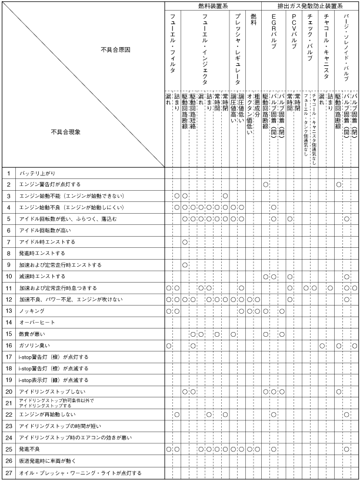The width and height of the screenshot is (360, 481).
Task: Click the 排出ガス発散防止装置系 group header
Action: [310, 5]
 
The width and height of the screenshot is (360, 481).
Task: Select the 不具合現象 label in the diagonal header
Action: [65, 132]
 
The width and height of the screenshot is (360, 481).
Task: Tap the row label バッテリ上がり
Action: [36, 173]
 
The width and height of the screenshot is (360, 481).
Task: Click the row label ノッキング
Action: [32, 310]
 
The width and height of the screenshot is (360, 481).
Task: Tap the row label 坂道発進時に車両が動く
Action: [50, 460]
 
